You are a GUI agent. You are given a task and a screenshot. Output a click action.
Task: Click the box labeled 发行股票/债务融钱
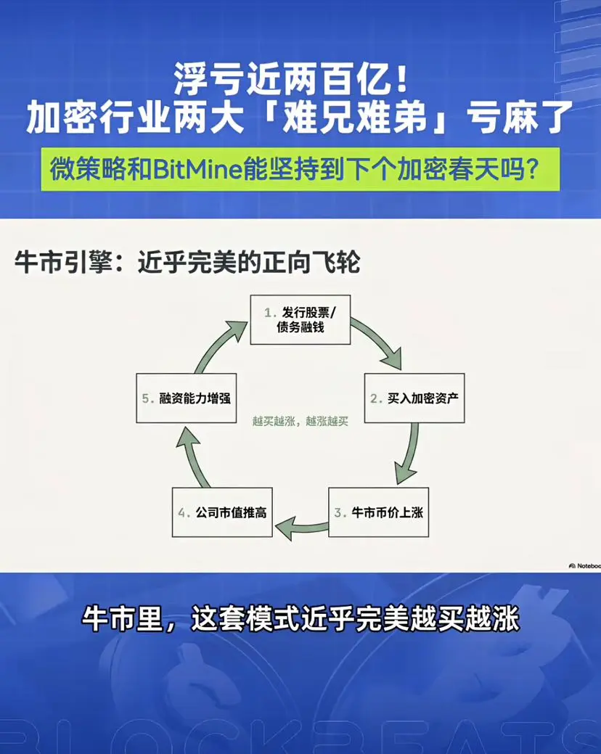pyautogui.click(x=300, y=320)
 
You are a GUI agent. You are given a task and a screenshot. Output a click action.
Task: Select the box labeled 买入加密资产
pyautogui.click(x=414, y=398)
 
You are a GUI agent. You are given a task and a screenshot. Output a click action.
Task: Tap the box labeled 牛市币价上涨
pyautogui.click(x=378, y=512)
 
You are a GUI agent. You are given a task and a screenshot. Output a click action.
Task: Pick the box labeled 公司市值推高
pyautogui.click(x=222, y=512)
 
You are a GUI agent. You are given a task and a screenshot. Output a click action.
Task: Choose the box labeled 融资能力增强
pyautogui.click(x=186, y=398)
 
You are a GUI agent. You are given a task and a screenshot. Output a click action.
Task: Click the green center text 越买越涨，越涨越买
pyautogui.click(x=300, y=422)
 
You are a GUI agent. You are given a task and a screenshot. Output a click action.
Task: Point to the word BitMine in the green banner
pyautogui.click(x=197, y=169)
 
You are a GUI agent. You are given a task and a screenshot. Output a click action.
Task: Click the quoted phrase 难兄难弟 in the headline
pyautogui.click(x=354, y=118)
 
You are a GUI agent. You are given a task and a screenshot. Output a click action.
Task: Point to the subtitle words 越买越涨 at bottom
pyautogui.click(x=464, y=619)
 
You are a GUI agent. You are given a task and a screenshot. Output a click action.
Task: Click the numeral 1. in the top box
pyautogui.click(x=270, y=313)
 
